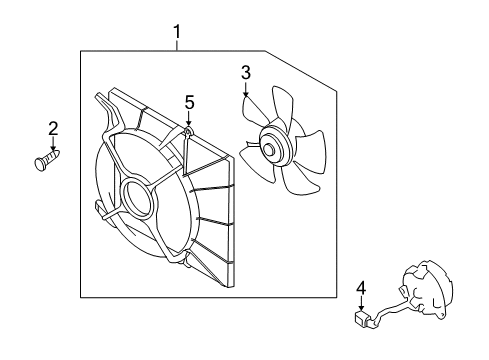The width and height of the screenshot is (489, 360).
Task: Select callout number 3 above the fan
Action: [245, 71]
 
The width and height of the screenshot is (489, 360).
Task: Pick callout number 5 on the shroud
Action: [188, 101]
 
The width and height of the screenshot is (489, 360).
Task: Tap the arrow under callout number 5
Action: [188, 117]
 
